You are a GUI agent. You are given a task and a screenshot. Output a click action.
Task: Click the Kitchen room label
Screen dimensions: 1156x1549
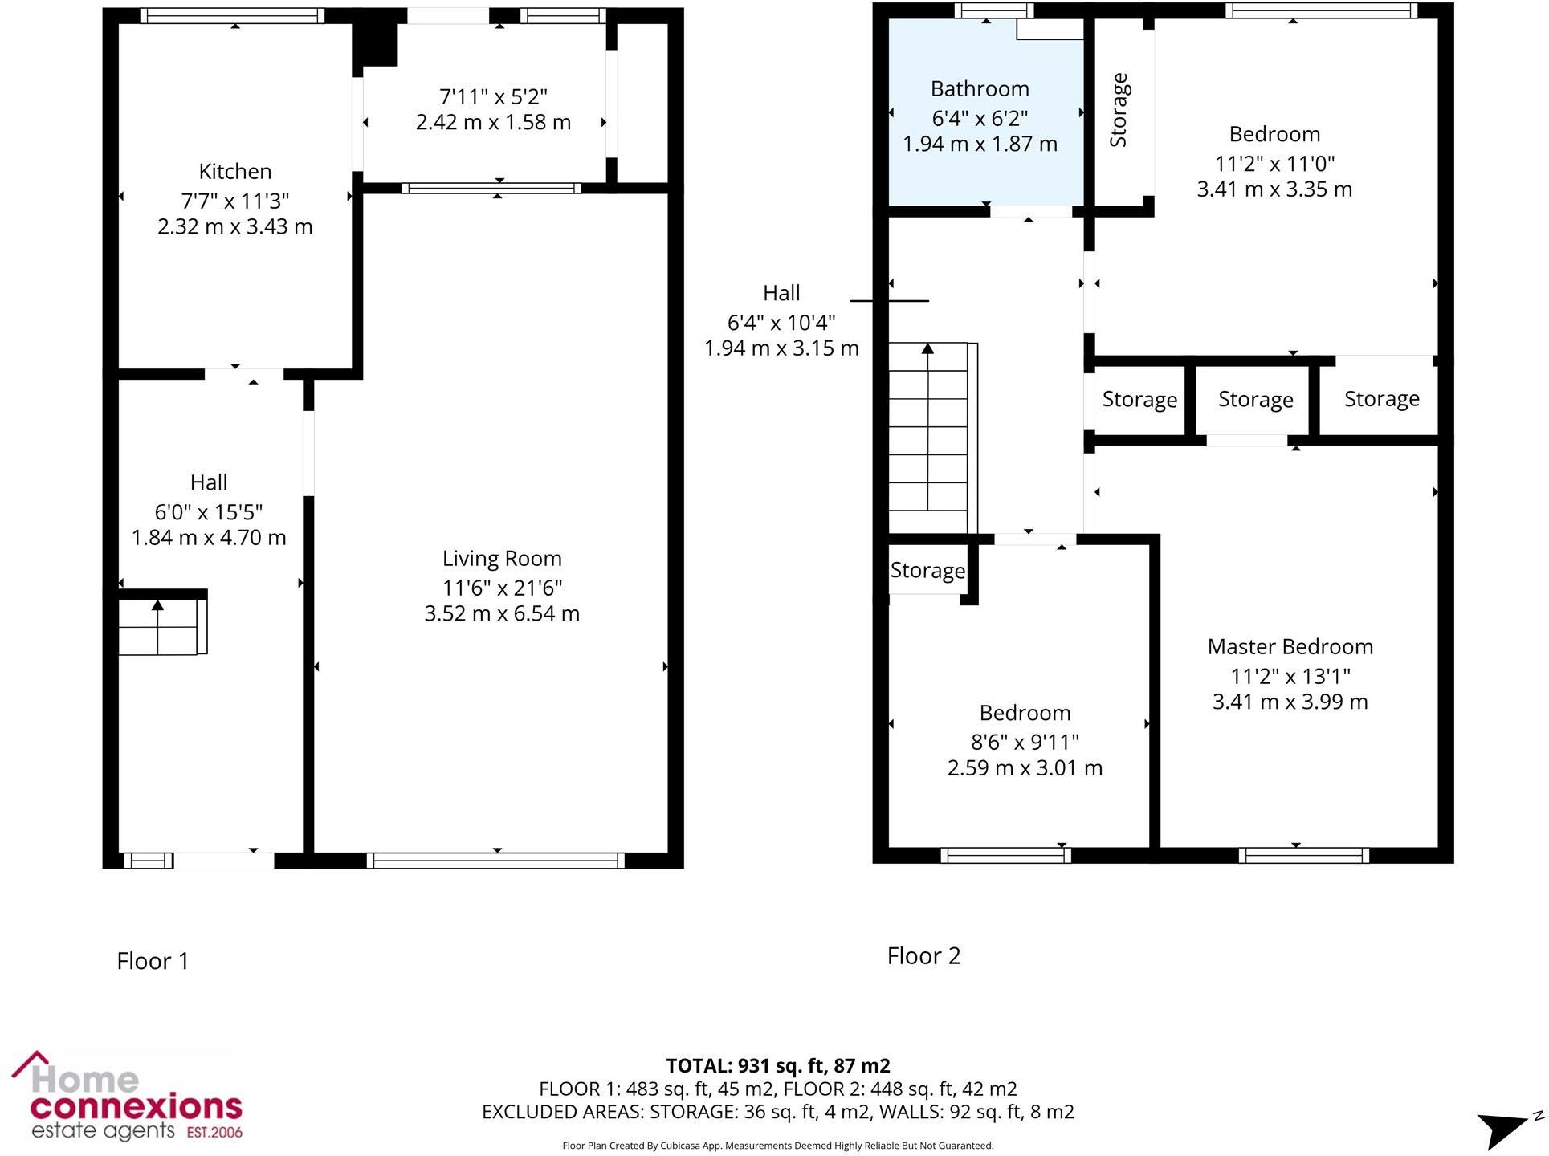click(234, 171)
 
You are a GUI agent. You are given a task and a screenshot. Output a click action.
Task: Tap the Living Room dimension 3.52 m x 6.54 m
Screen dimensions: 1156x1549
click(501, 613)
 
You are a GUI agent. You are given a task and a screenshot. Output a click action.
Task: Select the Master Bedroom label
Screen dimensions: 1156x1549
click(1290, 646)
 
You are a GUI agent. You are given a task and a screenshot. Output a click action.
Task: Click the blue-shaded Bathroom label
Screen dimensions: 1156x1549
click(979, 88)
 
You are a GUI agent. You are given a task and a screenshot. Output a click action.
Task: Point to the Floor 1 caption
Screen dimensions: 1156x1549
click(153, 961)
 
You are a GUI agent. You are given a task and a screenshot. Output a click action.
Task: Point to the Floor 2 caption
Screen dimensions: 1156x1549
click(923, 955)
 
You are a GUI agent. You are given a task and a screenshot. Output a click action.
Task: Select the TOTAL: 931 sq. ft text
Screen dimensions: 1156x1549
click(777, 1065)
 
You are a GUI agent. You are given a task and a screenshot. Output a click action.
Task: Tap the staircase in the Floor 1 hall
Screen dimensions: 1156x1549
click(159, 626)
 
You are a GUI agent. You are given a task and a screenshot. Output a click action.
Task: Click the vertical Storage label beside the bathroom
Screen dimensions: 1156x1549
click(1119, 110)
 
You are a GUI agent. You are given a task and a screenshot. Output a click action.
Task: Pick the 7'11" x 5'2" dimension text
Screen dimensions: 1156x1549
click(493, 96)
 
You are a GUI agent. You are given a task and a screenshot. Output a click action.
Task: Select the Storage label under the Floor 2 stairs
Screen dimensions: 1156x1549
click(927, 570)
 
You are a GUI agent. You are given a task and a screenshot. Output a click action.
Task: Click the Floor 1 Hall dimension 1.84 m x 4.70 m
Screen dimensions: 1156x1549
click(209, 537)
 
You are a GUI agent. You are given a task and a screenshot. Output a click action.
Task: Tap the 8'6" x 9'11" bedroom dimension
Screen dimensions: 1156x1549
click(1025, 742)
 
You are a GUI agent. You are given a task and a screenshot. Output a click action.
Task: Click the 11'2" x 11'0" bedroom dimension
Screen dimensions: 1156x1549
click(1274, 163)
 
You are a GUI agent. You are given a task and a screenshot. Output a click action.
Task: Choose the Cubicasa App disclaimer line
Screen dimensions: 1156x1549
click(777, 1146)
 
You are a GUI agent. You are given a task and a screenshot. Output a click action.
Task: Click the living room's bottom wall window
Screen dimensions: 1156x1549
click(495, 861)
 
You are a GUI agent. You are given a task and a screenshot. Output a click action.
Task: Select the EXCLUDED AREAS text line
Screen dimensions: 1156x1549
click(777, 1112)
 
